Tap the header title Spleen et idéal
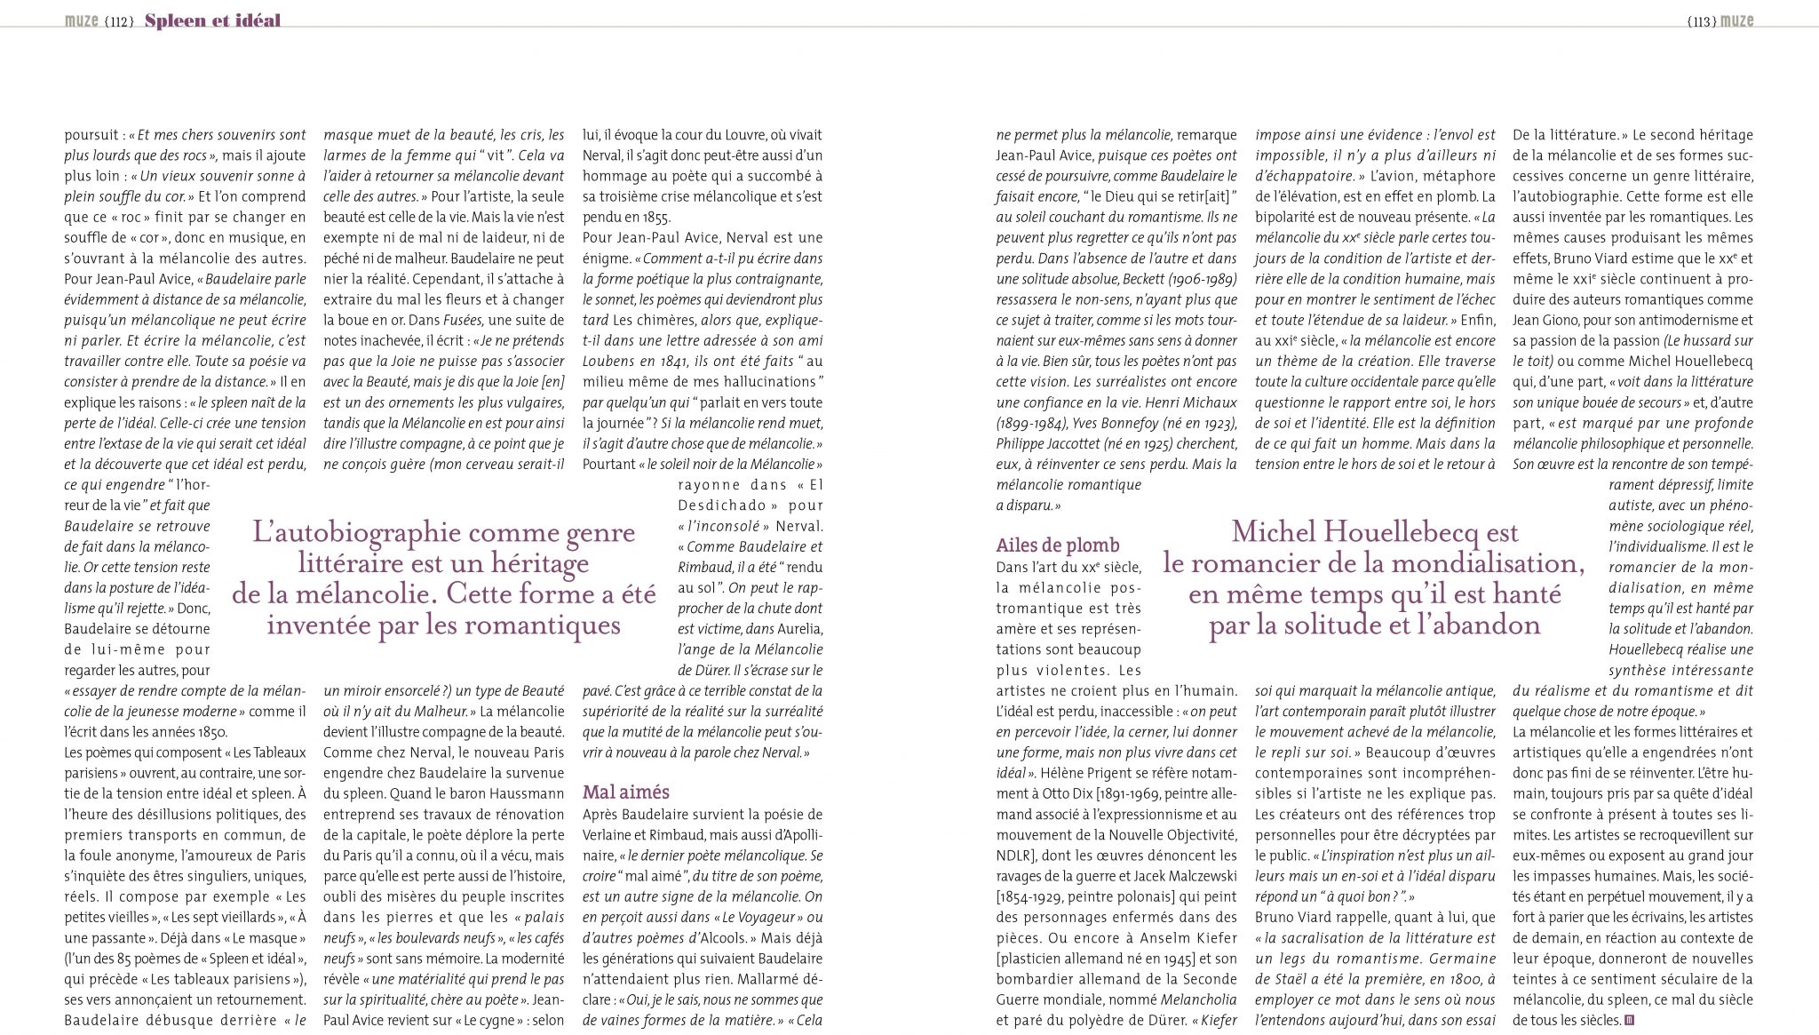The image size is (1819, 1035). tap(212, 20)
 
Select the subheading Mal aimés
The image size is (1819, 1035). tap(626, 792)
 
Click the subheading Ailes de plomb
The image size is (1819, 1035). tap(1058, 545)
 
